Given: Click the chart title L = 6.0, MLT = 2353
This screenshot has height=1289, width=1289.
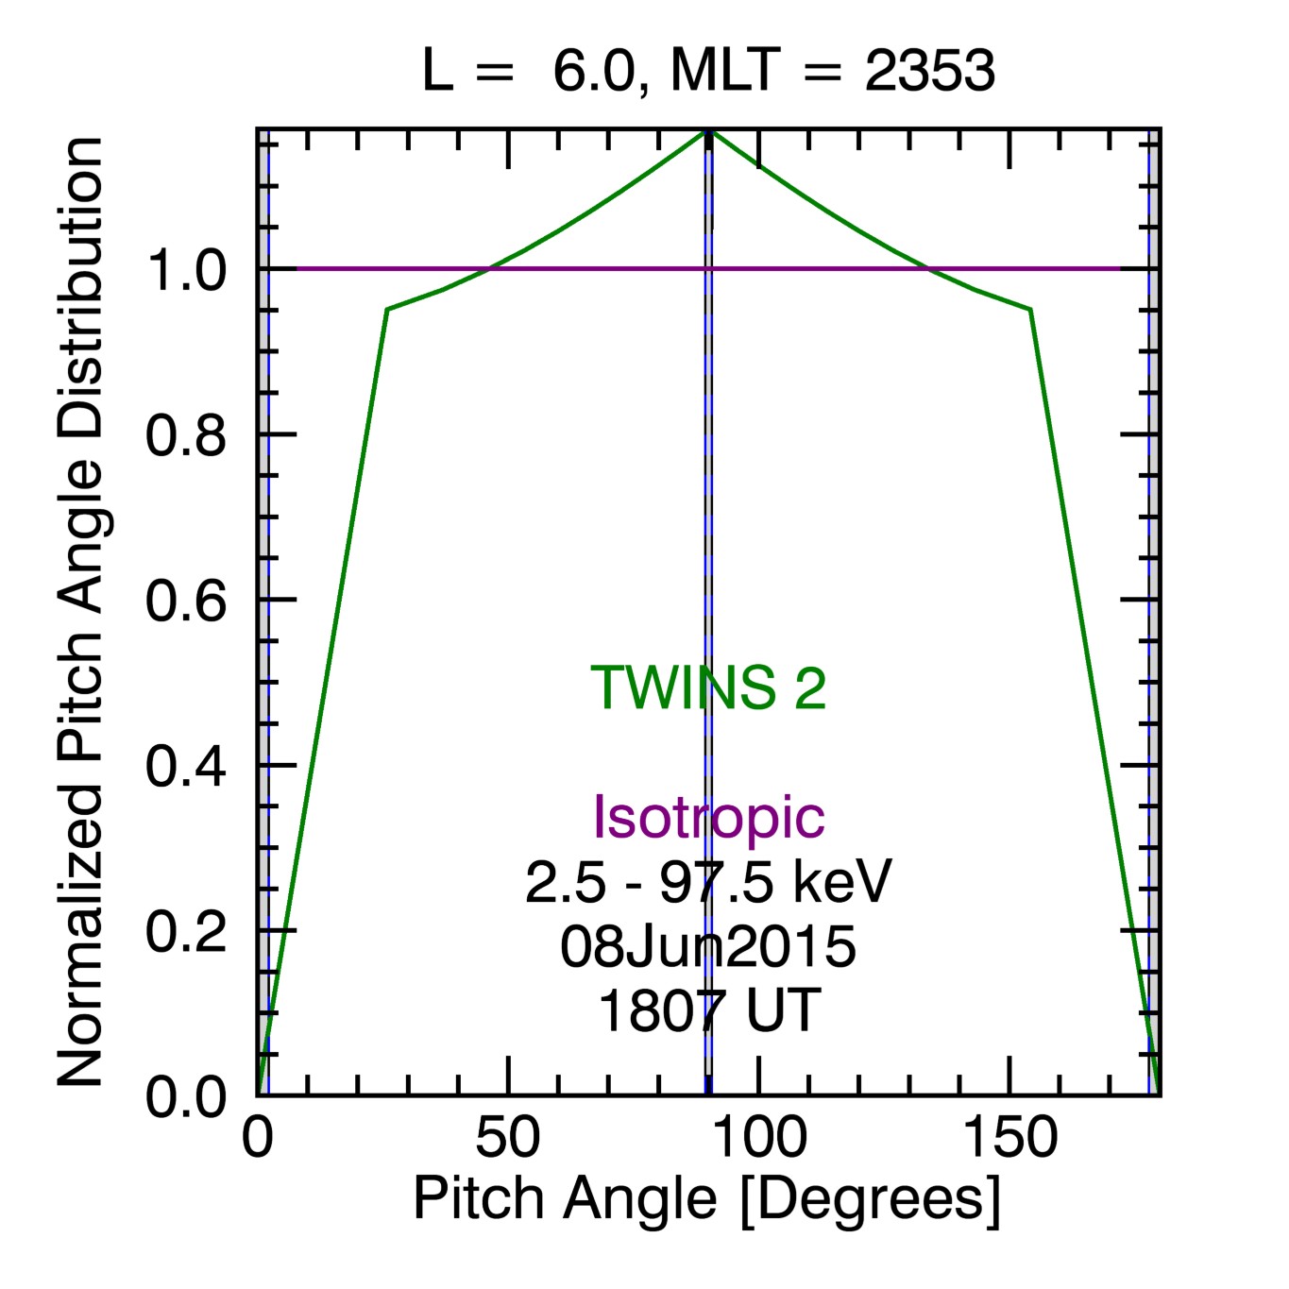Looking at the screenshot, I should point(708,71).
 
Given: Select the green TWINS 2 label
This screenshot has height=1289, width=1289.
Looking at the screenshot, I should point(708,687).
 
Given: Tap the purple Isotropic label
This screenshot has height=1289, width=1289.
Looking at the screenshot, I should point(708,816).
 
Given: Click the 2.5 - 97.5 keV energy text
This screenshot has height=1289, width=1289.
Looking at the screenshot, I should point(708,882).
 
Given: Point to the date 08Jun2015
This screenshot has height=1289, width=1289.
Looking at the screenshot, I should point(708,946).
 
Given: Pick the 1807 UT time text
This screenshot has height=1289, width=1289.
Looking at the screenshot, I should point(708,1010).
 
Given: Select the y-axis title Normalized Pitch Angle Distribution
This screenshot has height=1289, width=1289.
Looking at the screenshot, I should point(80,612).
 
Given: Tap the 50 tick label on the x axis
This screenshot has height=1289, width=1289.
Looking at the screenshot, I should point(508,1138).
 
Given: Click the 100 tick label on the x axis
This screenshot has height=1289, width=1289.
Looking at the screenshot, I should point(758,1138).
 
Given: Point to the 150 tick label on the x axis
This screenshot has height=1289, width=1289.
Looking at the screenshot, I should point(1009,1138).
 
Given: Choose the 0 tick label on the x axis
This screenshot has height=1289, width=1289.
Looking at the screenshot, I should point(257,1138).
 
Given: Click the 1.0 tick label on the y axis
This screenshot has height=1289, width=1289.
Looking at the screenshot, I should point(186,271).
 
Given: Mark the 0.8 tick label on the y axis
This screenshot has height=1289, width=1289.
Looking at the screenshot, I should point(186,435).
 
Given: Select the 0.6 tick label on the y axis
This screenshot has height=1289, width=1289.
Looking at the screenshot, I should point(186,601).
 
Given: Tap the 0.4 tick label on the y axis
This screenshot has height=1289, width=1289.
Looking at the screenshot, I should point(186,766).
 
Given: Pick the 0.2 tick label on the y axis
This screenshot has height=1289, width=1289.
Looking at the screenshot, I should point(186,931).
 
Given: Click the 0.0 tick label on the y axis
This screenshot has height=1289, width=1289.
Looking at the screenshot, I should point(186,1096).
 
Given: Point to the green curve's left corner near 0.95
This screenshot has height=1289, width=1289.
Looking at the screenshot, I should point(387,309).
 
